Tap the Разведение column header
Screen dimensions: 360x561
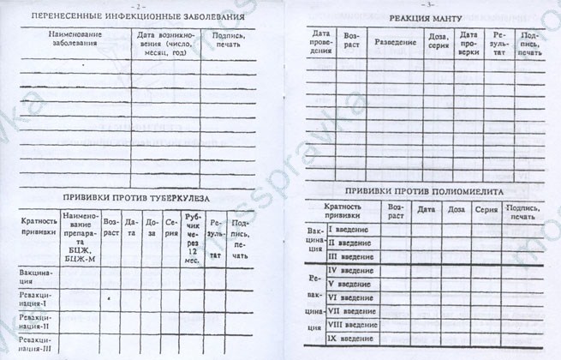(395, 42)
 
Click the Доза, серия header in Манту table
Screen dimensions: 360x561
(438, 42)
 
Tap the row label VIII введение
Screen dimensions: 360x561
(350, 326)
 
